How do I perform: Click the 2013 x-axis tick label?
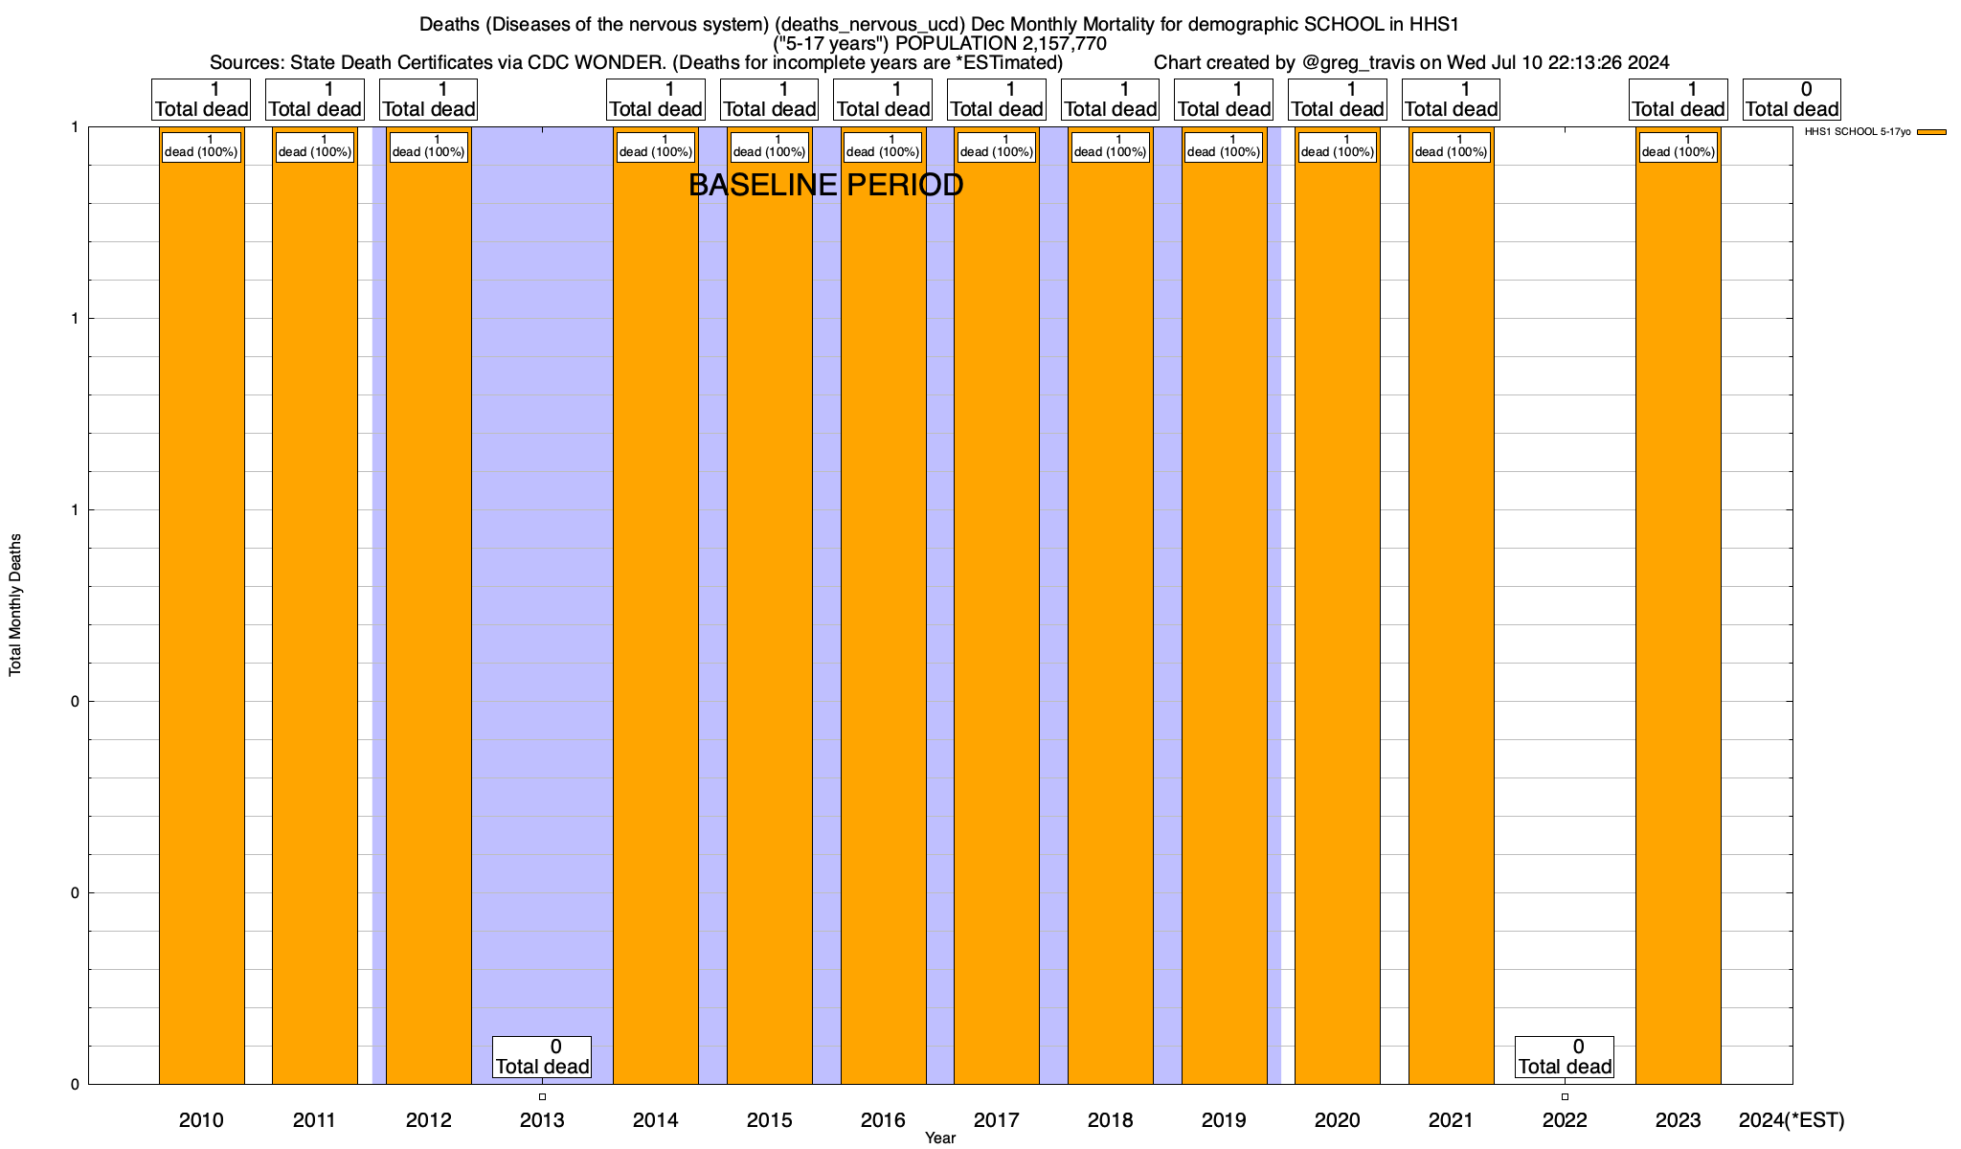click(x=542, y=1120)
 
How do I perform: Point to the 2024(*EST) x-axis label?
click(x=1791, y=1120)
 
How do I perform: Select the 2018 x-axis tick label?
click(x=1110, y=1120)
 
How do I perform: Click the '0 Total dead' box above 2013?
click(x=542, y=1057)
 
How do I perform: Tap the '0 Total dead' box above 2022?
click(x=1565, y=1057)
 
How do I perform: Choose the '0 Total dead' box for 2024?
click(x=1792, y=100)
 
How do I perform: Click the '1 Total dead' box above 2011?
click(x=315, y=100)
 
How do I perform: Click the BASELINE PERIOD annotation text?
click(x=825, y=186)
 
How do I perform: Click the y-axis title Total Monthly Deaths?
click(x=15, y=605)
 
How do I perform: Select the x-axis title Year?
click(x=940, y=1138)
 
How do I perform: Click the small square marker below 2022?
click(x=1565, y=1097)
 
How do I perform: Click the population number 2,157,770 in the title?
click(x=1050, y=44)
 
